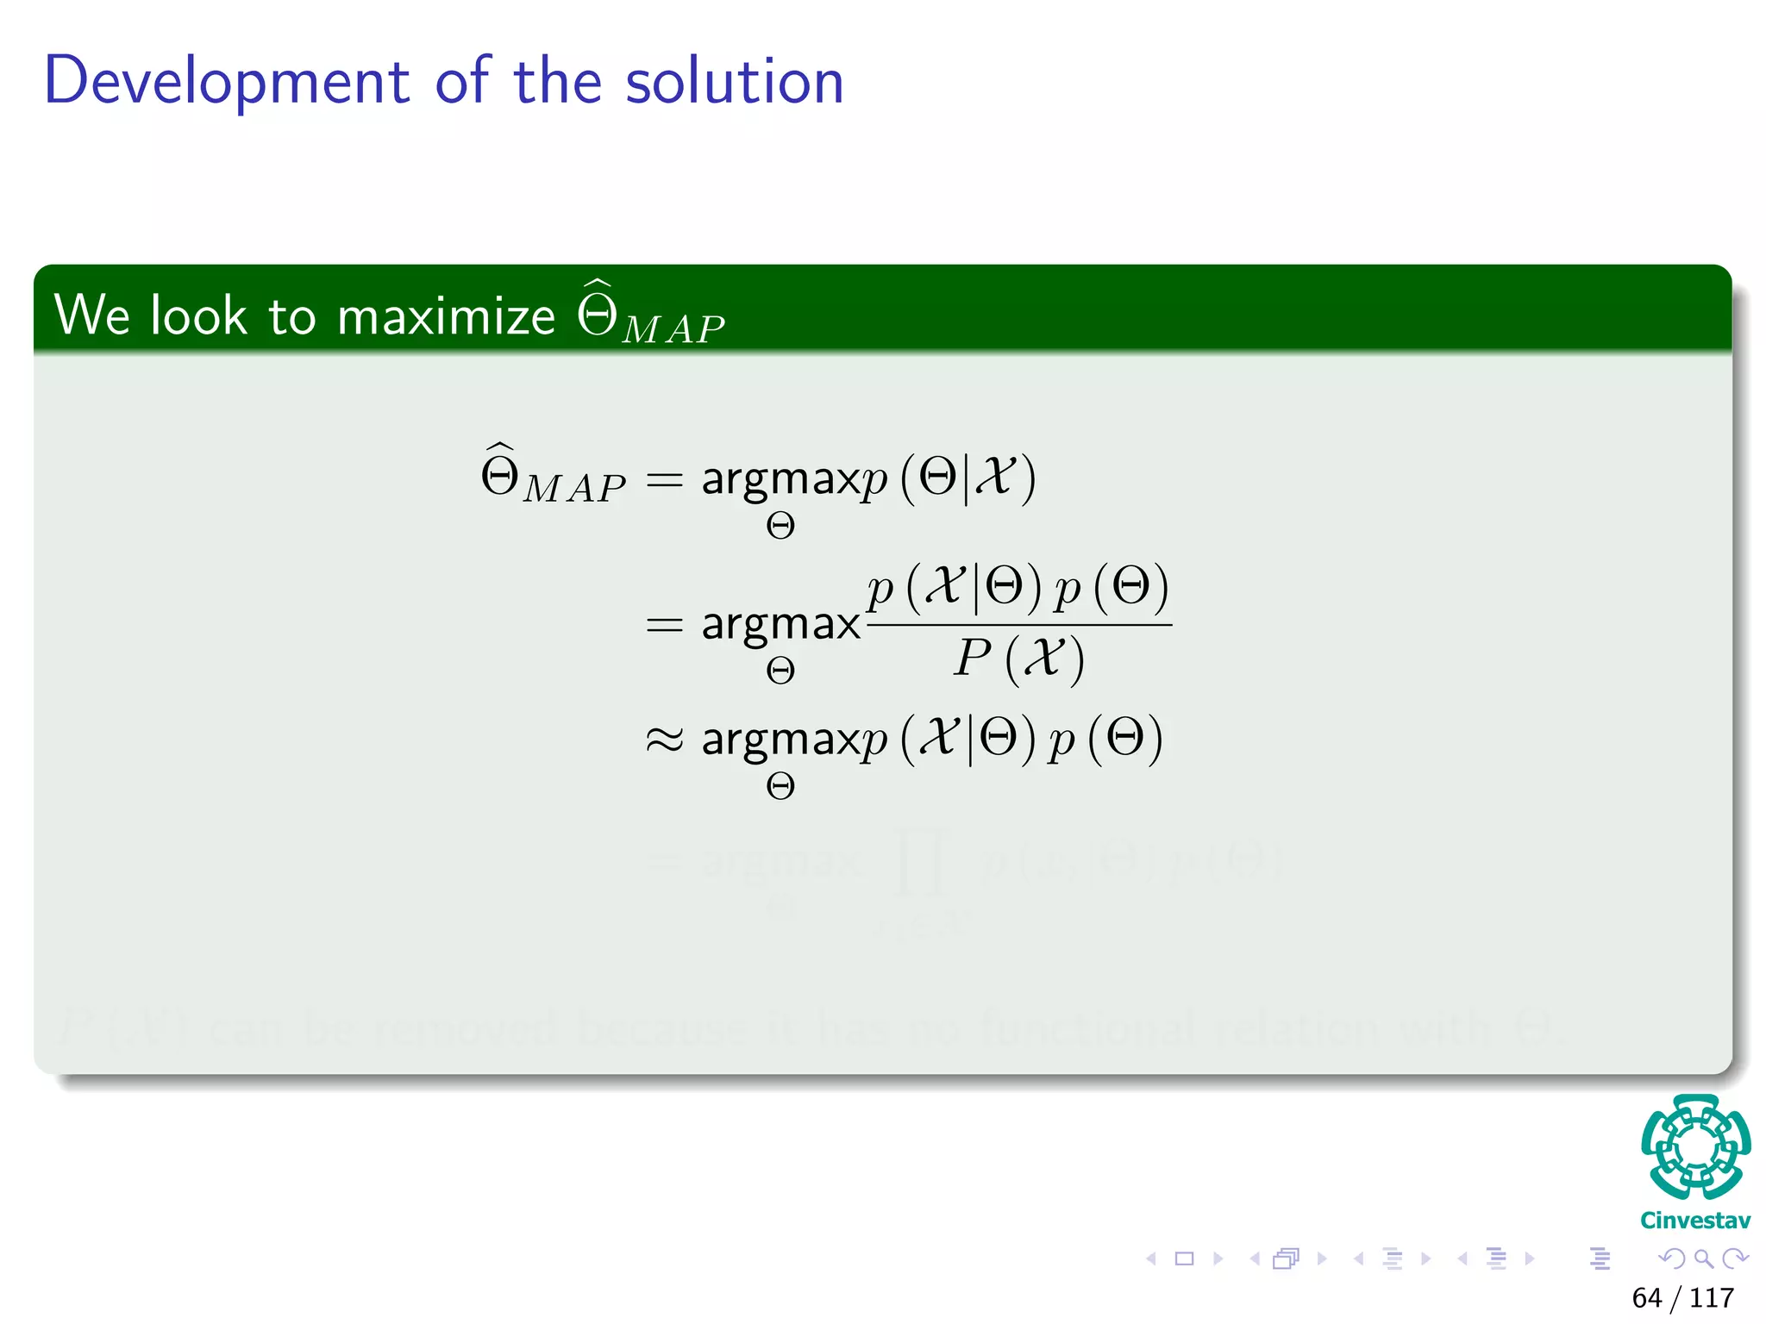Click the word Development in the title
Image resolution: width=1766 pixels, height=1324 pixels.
[x=227, y=82]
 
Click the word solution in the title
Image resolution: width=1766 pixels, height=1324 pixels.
[x=734, y=82]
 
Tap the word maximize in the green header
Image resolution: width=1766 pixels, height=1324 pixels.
[x=446, y=315]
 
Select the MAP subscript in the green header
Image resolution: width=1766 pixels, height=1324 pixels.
[x=673, y=330]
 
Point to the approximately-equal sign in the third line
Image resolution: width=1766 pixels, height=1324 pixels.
[x=664, y=740]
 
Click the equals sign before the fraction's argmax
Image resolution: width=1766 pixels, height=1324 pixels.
[x=664, y=624]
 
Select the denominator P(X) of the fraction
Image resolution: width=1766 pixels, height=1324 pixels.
[x=1018, y=659]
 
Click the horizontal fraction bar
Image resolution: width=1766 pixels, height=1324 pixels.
[x=1018, y=625]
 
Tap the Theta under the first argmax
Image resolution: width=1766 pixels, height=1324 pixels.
[x=780, y=526]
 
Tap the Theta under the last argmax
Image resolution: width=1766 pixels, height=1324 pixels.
[x=780, y=786]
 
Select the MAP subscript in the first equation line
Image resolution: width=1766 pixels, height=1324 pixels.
[x=574, y=489]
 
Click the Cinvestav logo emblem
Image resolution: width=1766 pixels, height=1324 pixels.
[x=1695, y=1147]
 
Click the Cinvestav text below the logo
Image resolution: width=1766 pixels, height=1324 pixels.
[x=1695, y=1221]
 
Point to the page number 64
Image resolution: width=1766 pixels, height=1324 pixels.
[x=1646, y=1297]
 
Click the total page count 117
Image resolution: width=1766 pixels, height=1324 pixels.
[x=1712, y=1297]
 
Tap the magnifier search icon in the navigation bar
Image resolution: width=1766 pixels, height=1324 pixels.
[x=1703, y=1258]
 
